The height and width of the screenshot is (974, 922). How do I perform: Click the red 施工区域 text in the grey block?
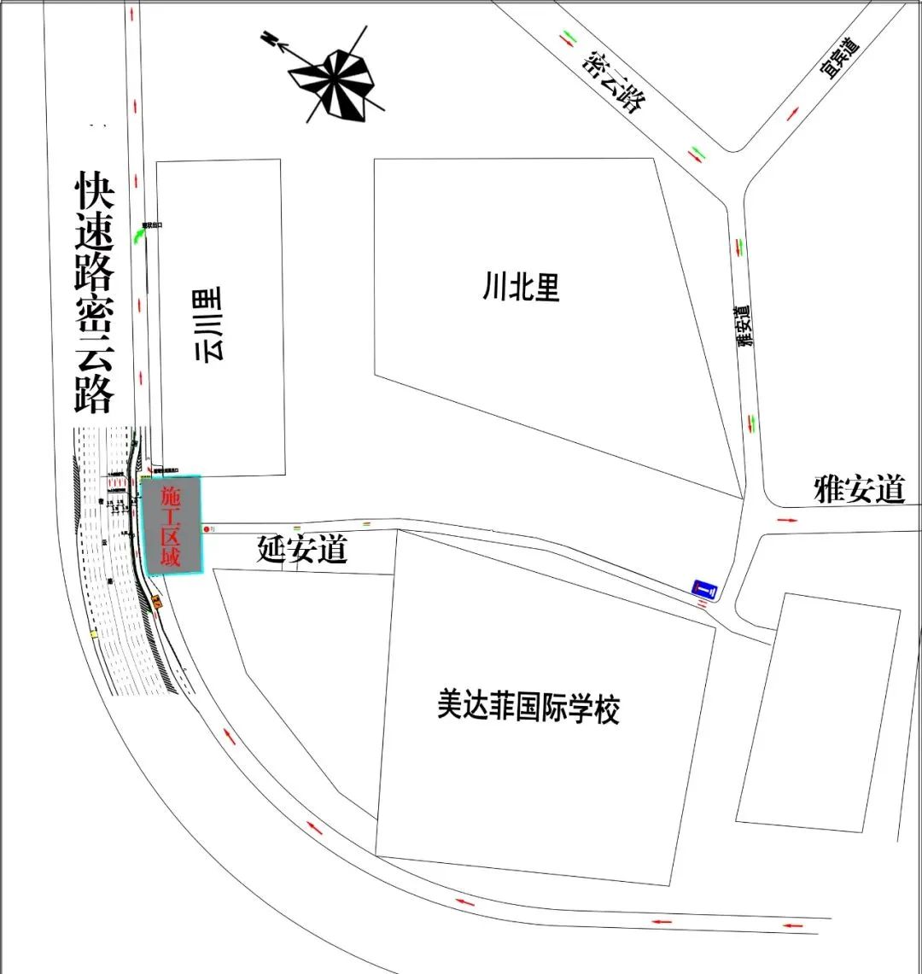point(172,526)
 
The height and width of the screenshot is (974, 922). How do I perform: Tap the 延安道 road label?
point(302,550)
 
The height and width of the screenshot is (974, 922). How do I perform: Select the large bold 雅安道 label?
point(858,491)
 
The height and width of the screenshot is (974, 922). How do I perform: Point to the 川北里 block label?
point(521,288)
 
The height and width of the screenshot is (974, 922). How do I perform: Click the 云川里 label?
point(209,324)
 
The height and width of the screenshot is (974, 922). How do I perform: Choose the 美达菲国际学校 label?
point(528,709)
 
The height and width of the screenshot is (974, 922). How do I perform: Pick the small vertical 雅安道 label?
point(746,325)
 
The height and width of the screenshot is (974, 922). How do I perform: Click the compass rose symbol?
point(333,76)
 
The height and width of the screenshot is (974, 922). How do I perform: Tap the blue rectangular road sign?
point(705,588)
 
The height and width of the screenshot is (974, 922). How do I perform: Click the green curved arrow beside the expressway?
point(138,236)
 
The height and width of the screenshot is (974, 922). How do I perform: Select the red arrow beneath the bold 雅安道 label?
point(786,519)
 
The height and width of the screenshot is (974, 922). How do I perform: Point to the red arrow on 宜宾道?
point(793,114)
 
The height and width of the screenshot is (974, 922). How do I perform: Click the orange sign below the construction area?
point(157,602)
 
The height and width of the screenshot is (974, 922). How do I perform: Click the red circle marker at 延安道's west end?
point(206,529)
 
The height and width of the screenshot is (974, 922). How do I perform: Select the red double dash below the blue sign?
point(702,604)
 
